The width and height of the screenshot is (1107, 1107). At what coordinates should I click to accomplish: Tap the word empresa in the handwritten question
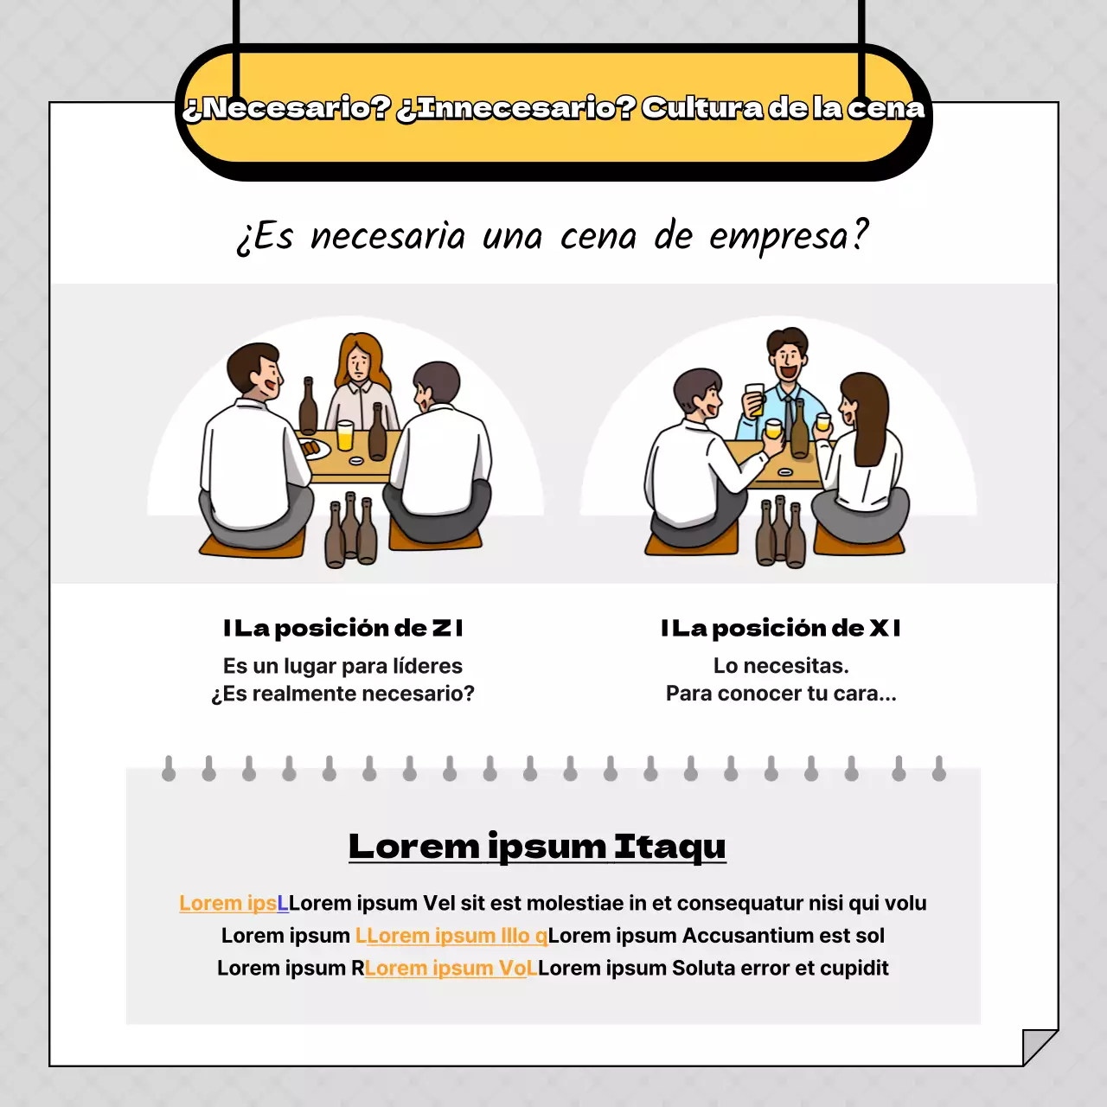(787, 236)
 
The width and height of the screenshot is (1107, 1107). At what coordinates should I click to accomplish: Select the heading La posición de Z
(343, 628)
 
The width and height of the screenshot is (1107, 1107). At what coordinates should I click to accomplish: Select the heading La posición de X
(781, 628)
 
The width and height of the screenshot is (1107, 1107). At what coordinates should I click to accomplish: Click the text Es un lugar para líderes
(342, 666)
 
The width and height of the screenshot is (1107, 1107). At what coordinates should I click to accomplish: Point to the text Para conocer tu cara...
(781, 694)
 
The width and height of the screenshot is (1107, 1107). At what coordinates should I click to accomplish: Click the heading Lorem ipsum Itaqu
(537, 846)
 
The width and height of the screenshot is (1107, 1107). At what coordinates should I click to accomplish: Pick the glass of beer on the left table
(345, 435)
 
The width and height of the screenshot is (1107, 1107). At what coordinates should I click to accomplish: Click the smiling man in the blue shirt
(787, 372)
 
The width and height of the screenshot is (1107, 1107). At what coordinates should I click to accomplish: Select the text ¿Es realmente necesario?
(342, 694)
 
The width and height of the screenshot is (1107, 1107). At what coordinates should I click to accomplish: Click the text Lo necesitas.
(781, 666)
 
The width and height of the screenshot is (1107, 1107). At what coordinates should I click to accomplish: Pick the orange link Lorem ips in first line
(227, 903)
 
